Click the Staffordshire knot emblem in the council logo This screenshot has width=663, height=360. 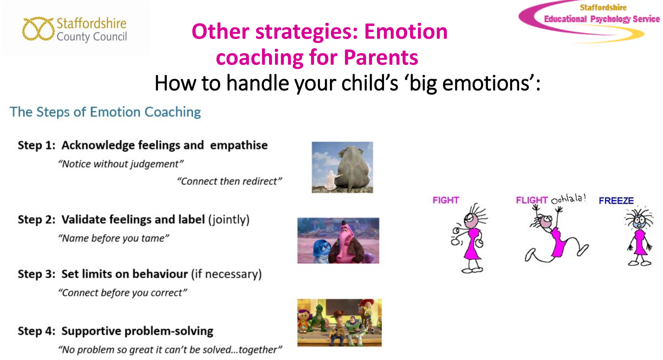[x=38, y=29]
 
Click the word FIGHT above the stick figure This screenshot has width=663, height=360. [x=446, y=200]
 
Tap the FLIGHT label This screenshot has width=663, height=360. [x=532, y=200]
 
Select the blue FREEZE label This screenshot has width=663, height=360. [x=616, y=201]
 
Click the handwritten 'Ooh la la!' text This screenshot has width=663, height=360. [x=569, y=199]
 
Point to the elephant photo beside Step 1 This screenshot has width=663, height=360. [x=342, y=168]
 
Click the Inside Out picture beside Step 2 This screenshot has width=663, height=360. [x=338, y=240]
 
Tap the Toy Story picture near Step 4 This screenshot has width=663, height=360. [x=340, y=322]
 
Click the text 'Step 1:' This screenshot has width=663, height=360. [x=37, y=145]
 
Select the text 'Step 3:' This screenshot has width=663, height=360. [x=37, y=274]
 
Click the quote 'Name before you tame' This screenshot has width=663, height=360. [x=114, y=238]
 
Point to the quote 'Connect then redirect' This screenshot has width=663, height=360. [x=230, y=181]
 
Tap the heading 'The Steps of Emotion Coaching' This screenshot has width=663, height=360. [x=105, y=112]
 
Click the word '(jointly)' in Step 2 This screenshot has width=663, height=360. [x=229, y=220]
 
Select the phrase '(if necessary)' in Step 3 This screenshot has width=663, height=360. [x=226, y=274]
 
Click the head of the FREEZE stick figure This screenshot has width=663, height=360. [x=639, y=221]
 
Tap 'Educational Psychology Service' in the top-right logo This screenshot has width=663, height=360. [x=602, y=19]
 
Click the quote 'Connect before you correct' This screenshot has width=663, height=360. [x=123, y=293]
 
